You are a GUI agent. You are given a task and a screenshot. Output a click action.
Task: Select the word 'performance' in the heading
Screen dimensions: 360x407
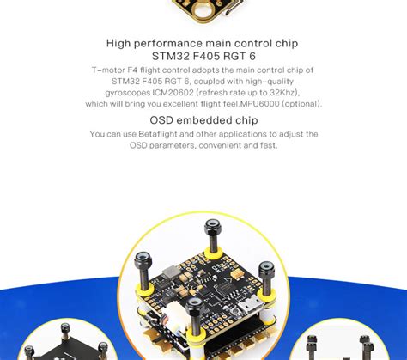167,43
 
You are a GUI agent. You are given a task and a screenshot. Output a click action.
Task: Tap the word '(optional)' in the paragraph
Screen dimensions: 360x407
307,104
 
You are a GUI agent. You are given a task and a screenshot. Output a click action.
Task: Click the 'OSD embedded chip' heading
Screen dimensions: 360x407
203,120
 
